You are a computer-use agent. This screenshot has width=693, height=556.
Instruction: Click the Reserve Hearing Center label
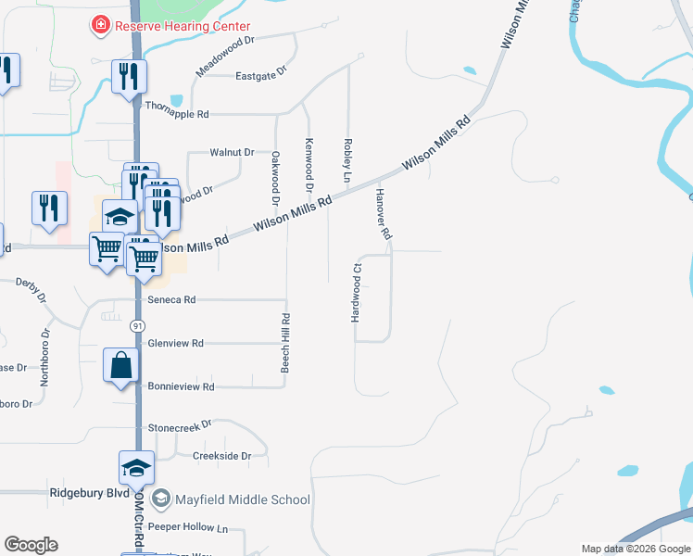(x=182, y=25)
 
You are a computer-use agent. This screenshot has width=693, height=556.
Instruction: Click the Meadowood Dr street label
(x=223, y=57)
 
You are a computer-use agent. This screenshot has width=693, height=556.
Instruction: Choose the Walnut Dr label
(x=232, y=152)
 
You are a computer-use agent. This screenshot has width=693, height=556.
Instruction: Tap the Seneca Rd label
(x=171, y=300)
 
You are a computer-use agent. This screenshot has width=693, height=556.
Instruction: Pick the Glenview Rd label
(x=175, y=343)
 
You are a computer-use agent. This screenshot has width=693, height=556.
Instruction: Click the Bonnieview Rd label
(x=181, y=386)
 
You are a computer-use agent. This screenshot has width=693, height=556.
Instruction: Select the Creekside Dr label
(x=221, y=456)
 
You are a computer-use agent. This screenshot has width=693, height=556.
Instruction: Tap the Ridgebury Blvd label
(x=89, y=494)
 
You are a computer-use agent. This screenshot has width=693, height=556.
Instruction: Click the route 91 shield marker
(x=137, y=326)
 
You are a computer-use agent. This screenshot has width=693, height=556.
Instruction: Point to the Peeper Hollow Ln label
(x=187, y=527)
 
